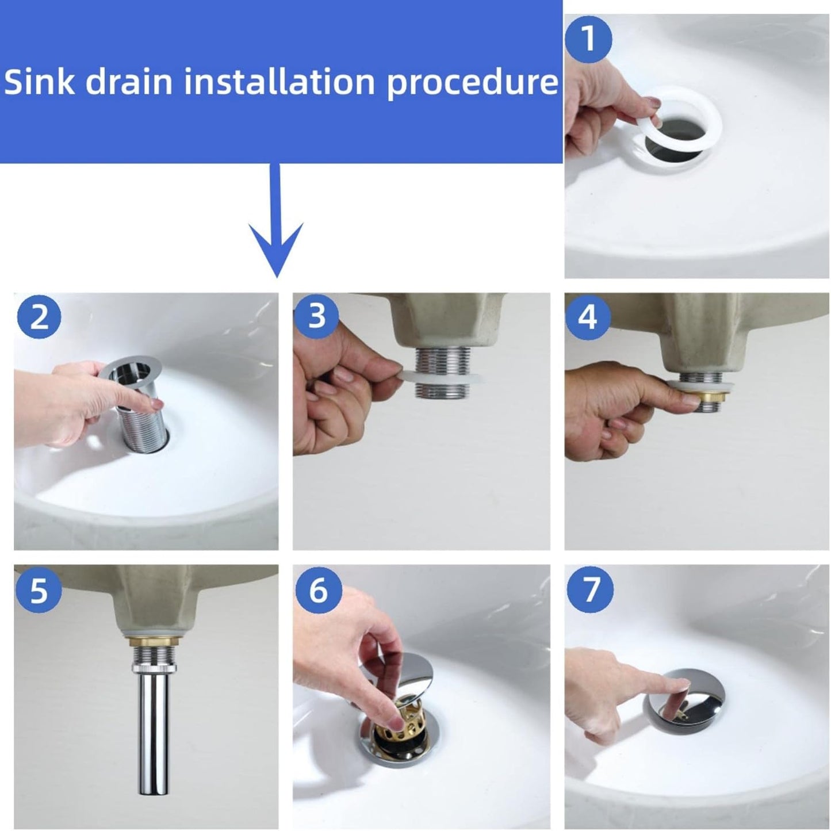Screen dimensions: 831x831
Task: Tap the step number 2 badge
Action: point(38,317)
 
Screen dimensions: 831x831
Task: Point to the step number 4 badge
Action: point(588,317)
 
